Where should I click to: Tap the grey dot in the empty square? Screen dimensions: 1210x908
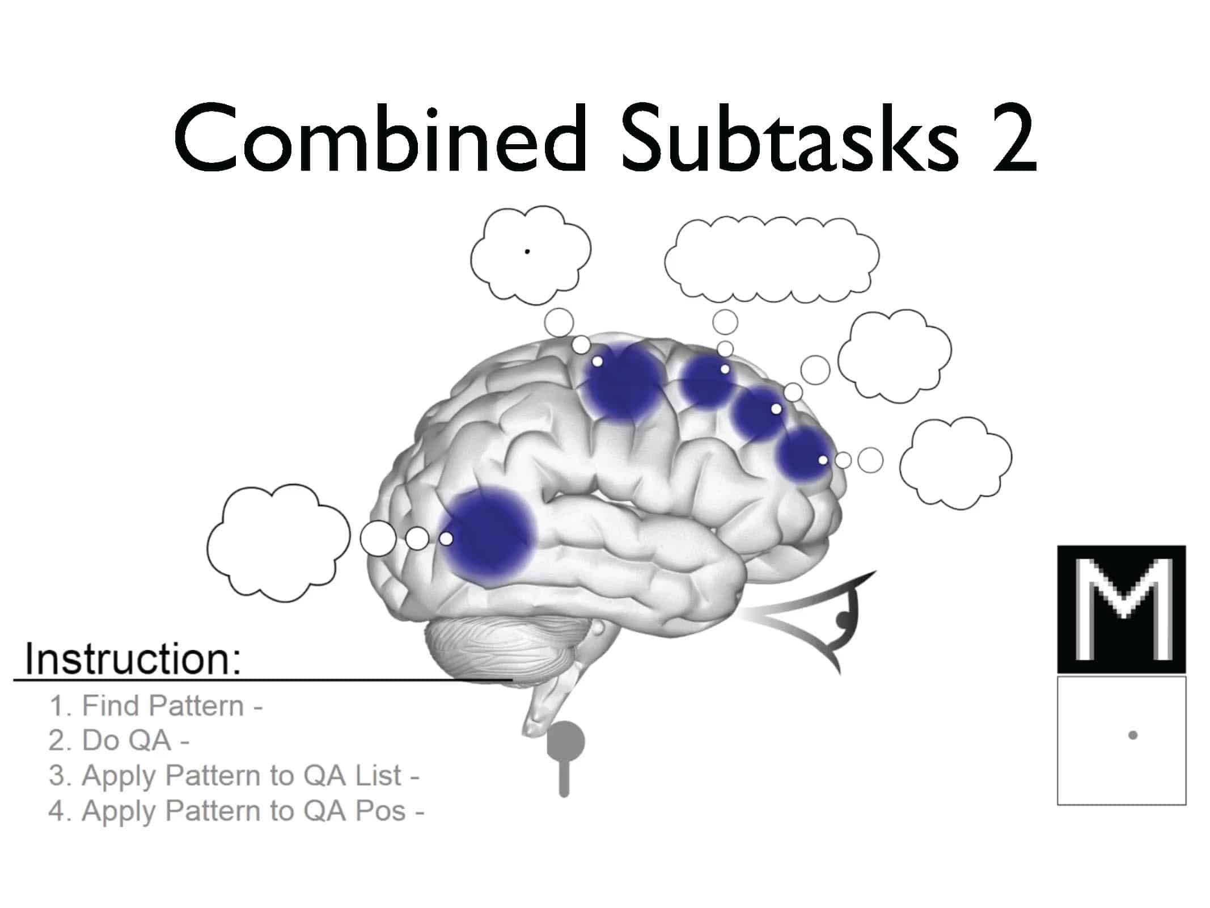pyautogui.click(x=1133, y=735)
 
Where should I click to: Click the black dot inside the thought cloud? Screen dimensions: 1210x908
pyautogui.click(x=527, y=251)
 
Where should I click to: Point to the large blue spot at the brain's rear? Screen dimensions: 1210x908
pyautogui.click(x=488, y=537)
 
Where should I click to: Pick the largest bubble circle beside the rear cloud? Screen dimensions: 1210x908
pyautogui.click(x=378, y=539)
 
